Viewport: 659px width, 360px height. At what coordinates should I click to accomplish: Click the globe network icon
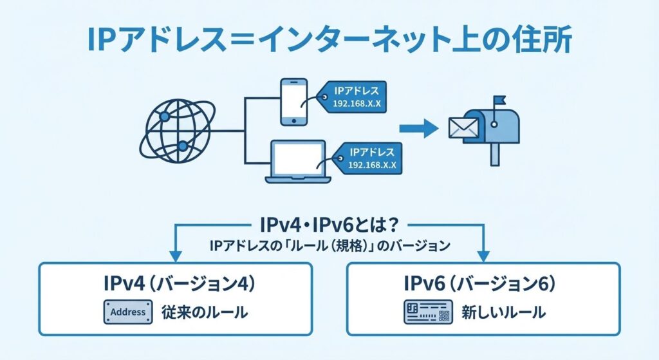(x=176, y=132)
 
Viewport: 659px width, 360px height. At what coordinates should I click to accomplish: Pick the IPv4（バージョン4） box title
(x=175, y=283)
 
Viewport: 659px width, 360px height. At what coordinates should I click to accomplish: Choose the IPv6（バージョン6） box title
(x=483, y=283)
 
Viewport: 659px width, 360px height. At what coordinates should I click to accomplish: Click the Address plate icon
(x=128, y=312)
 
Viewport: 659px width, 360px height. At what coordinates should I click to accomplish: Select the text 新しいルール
(x=503, y=313)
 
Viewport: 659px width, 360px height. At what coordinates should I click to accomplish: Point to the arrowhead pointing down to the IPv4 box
(x=176, y=254)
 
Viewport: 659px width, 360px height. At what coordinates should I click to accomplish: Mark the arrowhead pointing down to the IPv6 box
(x=483, y=254)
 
